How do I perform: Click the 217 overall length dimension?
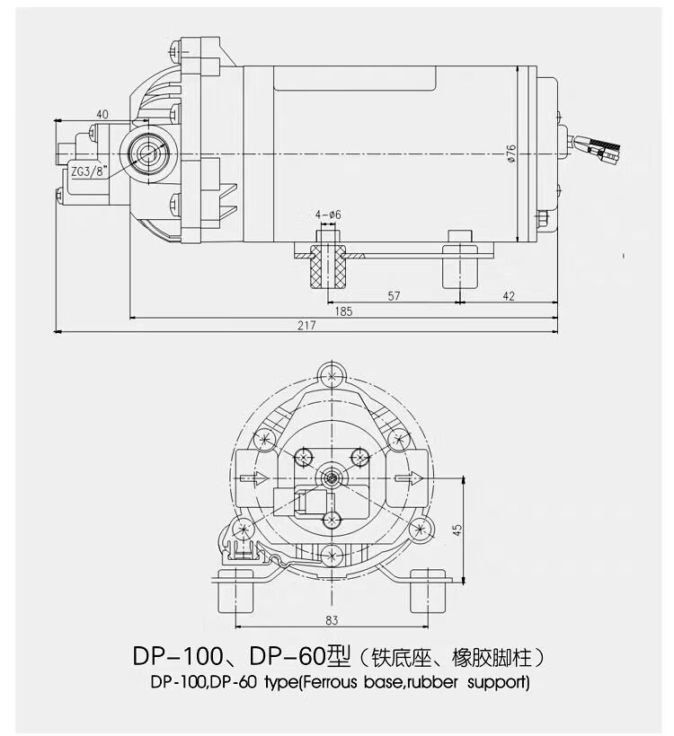(x=306, y=325)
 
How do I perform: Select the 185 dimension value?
(x=343, y=311)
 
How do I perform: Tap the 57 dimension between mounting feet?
(x=394, y=295)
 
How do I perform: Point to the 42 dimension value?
(x=509, y=295)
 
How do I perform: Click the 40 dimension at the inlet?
(x=102, y=114)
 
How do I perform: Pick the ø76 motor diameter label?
(x=511, y=153)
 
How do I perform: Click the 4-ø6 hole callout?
(x=328, y=215)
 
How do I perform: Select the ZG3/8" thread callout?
(x=89, y=171)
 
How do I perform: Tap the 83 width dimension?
(x=332, y=620)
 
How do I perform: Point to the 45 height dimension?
(x=457, y=530)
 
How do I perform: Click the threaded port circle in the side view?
(x=149, y=151)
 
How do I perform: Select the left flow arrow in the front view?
(x=253, y=478)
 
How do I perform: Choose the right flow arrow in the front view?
(x=409, y=478)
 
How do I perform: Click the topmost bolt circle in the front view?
(x=333, y=375)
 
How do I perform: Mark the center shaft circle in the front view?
(x=333, y=478)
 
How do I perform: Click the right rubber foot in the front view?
(x=428, y=591)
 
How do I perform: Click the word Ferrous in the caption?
(x=329, y=682)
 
